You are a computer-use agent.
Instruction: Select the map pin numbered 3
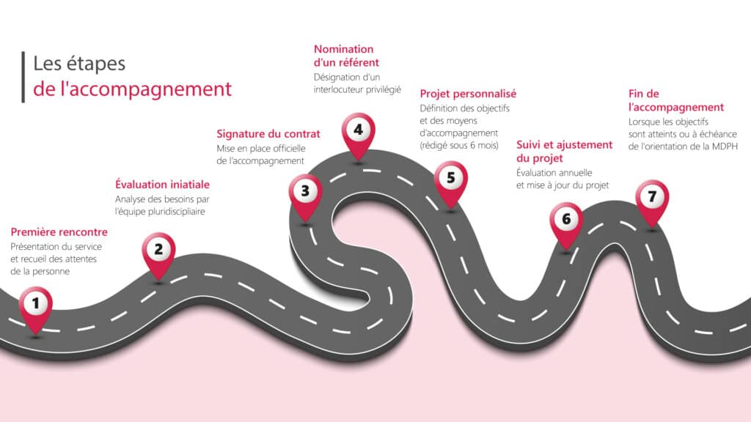click(x=304, y=192)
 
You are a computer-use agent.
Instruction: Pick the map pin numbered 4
click(x=357, y=132)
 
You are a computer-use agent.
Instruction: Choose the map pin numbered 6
click(x=565, y=219)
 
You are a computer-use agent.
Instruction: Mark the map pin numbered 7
click(x=652, y=197)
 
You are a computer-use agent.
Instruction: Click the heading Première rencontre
click(x=59, y=232)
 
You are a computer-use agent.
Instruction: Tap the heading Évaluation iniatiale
click(x=162, y=184)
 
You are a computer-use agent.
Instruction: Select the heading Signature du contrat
click(x=268, y=133)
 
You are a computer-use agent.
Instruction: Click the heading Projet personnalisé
click(x=468, y=94)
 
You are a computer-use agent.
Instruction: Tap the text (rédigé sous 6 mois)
click(x=458, y=146)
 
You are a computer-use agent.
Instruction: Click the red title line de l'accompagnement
click(x=132, y=89)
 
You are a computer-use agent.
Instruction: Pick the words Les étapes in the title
click(x=79, y=63)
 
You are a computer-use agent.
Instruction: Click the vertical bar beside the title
click(x=23, y=76)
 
